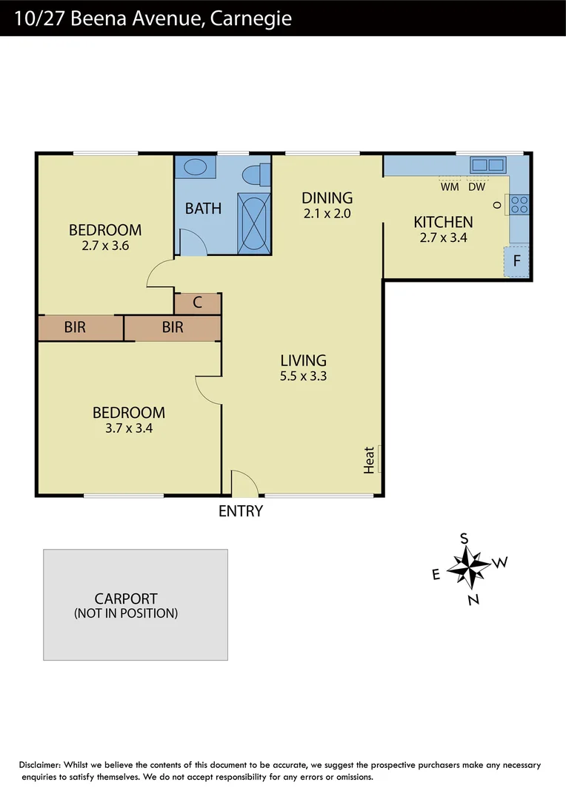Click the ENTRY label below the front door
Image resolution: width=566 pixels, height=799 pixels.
tap(241, 510)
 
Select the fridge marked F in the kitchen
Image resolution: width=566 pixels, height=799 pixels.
tap(517, 261)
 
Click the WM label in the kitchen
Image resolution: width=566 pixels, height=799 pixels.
tap(450, 187)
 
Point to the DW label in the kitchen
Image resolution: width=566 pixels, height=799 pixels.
tap(476, 187)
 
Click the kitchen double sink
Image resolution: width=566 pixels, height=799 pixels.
tap(487, 165)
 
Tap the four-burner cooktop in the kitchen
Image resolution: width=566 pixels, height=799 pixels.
tap(519, 204)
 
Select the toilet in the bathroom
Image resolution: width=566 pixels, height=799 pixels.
tap(254, 175)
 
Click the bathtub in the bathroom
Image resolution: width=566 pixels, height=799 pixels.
tap(253, 221)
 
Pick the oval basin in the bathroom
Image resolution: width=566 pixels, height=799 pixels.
tap(196, 167)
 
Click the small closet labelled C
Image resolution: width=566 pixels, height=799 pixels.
tap(198, 303)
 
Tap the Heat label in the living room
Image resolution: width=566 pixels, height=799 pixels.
tap(370, 459)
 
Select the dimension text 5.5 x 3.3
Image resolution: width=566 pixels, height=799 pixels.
tap(304, 376)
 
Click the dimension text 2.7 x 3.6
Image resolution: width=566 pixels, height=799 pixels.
tap(106, 246)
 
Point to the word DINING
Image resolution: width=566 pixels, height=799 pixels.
tap(327, 198)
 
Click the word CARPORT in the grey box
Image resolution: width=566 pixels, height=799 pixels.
tap(126, 599)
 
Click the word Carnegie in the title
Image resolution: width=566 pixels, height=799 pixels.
tap(250, 18)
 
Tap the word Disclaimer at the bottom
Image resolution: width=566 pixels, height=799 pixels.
tap(39, 765)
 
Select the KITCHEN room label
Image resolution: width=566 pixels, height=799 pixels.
tap(443, 222)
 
